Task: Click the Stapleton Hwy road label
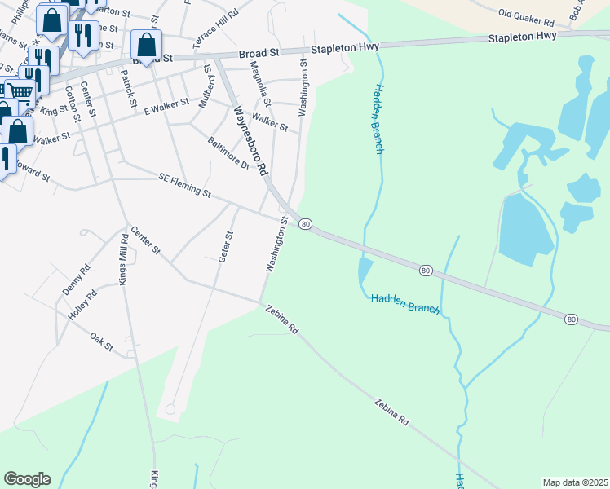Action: [x=522, y=37]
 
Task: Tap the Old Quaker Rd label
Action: [x=526, y=14]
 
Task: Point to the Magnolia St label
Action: [x=259, y=80]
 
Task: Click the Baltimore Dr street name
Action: [x=228, y=153]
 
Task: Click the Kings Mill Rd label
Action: [x=124, y=259]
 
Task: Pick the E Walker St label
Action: [x=166, y=106]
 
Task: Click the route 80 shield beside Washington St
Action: [x=305, y=224]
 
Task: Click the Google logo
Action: [x=27, y=479]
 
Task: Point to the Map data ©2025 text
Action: [x=574, y=482]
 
